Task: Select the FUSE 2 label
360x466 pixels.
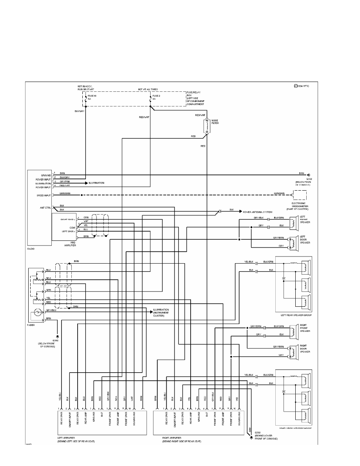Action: click(x=156, y=95)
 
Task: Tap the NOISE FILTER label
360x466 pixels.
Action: click(x=215, y=122)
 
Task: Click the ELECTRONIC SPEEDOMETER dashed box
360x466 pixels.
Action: click(x=300, y=195)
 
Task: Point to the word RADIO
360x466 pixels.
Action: click(x=31, y=248)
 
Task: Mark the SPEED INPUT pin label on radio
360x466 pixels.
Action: click(x=44, y=195)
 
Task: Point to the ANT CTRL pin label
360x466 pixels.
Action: click(x=45, y=208)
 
